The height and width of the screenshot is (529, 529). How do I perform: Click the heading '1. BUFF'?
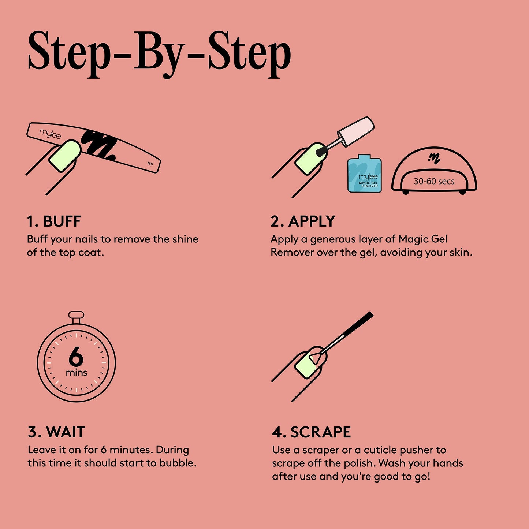pos(54,221)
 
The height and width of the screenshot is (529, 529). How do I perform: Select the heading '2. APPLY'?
pos(303,221)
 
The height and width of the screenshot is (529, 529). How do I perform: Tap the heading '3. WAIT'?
pos(56,432)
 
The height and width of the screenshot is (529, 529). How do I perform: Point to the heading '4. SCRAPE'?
pos(311,432)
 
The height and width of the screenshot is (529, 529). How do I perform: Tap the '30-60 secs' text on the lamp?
pos(434,181)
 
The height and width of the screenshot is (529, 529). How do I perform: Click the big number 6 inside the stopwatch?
pos(76,356)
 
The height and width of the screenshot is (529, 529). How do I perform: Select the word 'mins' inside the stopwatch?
pos(76,373)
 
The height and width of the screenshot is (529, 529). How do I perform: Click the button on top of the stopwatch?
pos(76,314)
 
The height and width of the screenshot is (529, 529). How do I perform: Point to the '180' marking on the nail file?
pos(150,164)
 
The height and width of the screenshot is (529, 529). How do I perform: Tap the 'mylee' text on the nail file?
pos(50,134)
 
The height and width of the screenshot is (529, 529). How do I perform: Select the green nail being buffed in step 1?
pos(65,156)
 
